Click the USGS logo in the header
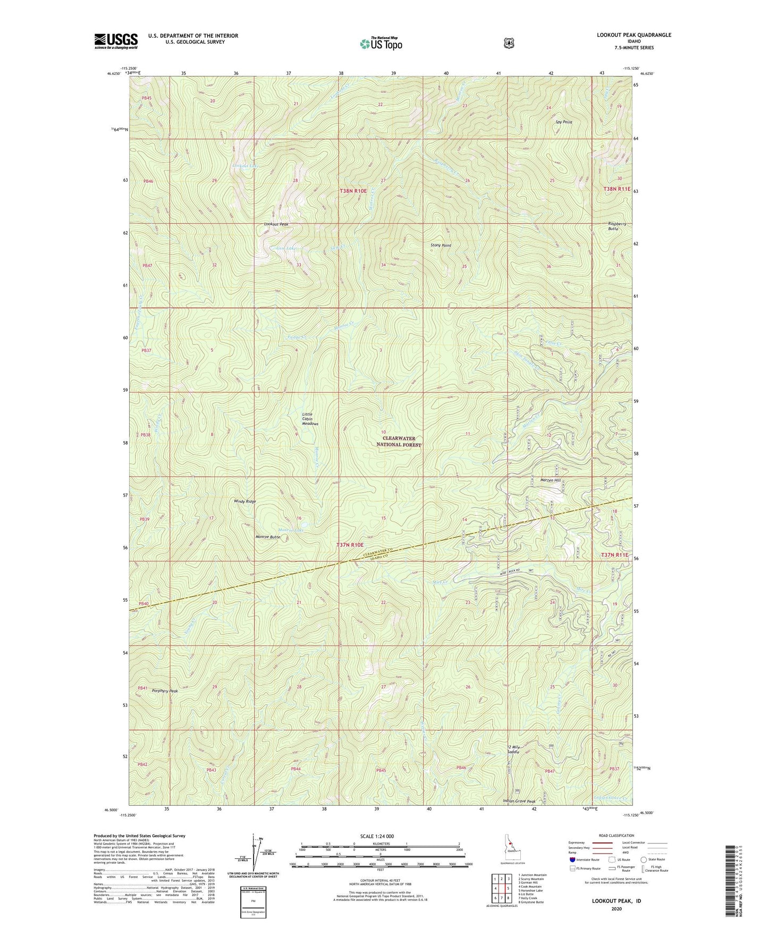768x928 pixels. pyautogui.click(x=116, y=41)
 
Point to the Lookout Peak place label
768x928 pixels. pyautogui.click(x=276, y=224)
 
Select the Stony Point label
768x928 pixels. pyautogui.click(x=441, y=246)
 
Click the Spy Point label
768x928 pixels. pyautogui.click(x=563, y=122)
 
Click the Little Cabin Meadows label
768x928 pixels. pyautogui.click(x=310, y=419)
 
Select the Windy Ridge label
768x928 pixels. pyautogui.click(x=244, y=501)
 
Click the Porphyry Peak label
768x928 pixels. pyautogui.click(x=165, y=691)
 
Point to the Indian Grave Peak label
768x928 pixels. pyautogui.click(x=519, y=801)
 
